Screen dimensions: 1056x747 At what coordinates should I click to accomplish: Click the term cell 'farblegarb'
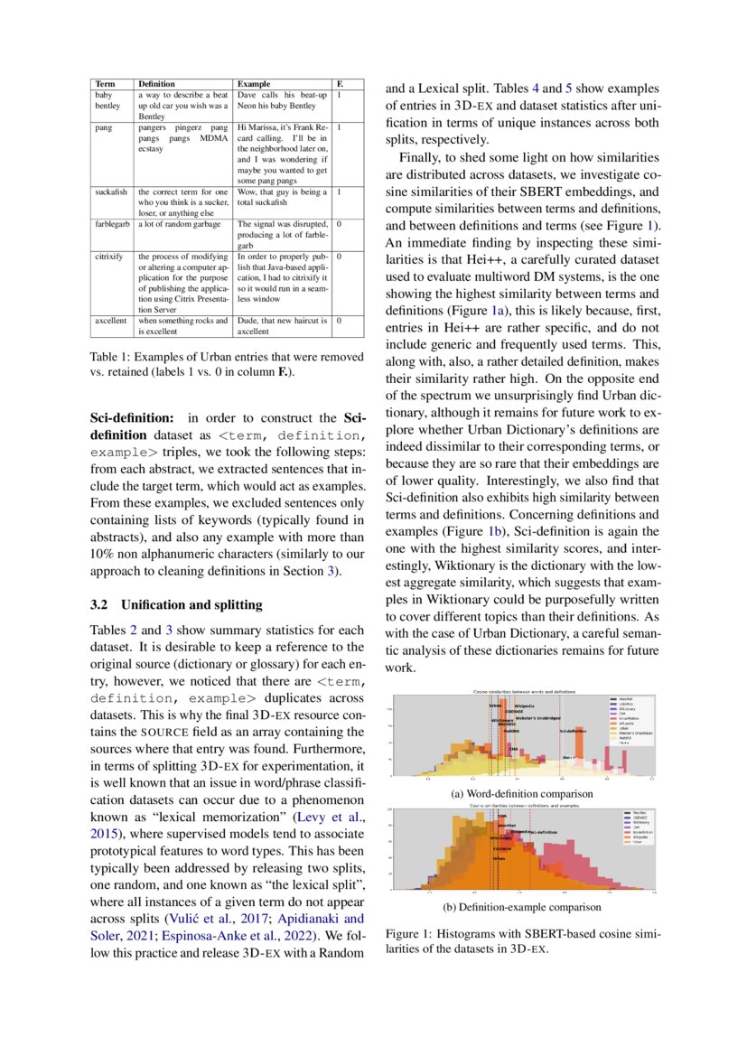114,223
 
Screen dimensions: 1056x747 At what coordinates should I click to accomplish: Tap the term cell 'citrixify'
110,257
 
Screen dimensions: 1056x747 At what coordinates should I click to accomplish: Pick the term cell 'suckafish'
112,192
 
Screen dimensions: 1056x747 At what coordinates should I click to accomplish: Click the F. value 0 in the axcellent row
338,320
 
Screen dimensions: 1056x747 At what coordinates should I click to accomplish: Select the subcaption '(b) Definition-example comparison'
521,906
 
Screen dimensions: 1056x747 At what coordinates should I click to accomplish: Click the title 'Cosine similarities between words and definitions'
520,691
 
